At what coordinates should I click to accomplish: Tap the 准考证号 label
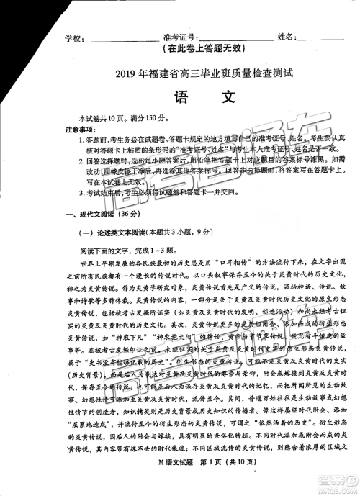click(x=179, y=37)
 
